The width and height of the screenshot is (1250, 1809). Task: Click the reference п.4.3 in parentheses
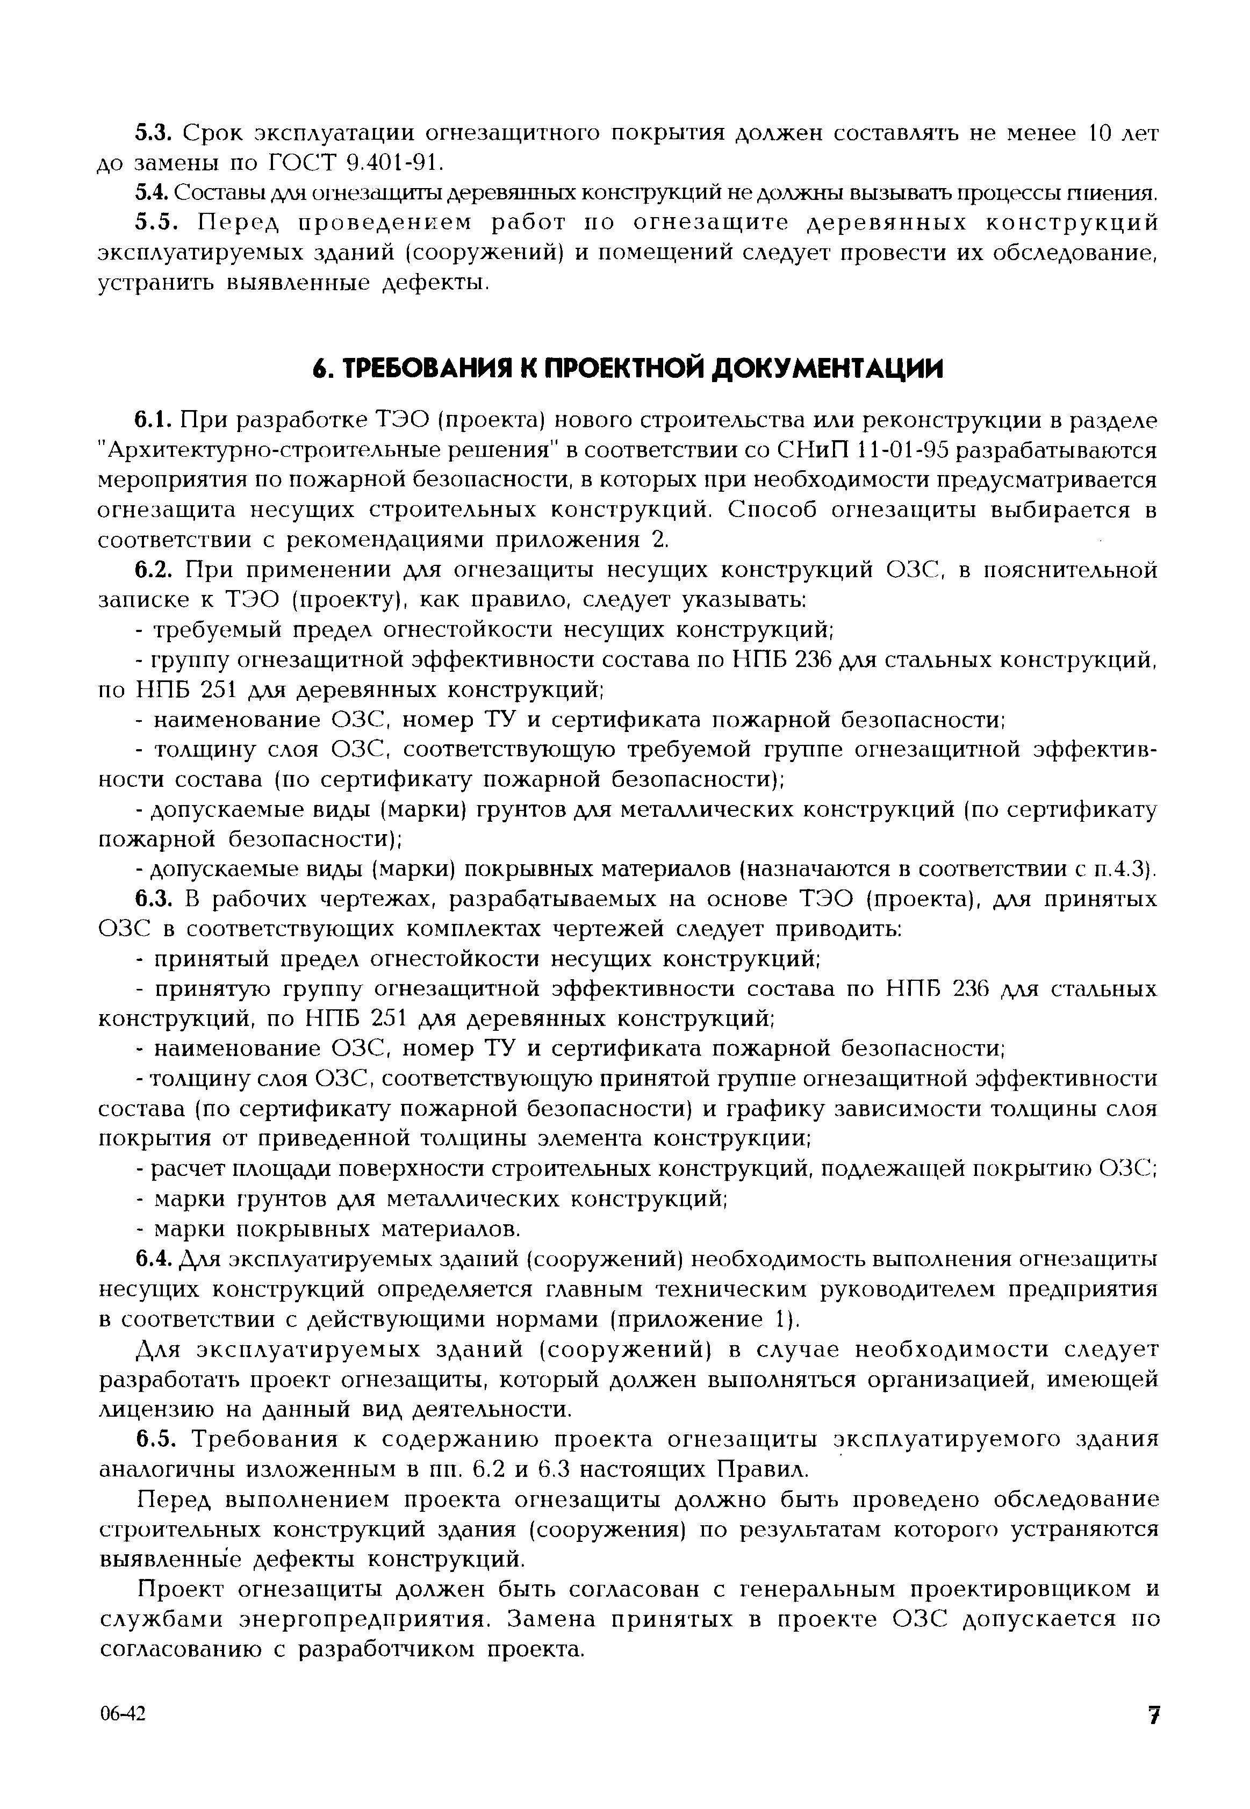(1121, 869)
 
